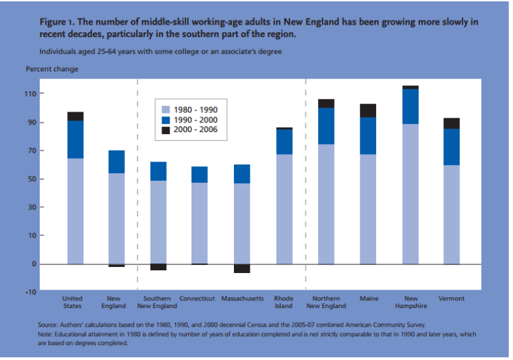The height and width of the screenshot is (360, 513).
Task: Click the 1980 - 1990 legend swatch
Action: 166,110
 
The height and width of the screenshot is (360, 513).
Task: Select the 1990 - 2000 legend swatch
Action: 166,119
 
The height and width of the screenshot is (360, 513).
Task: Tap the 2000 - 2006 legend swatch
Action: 166,129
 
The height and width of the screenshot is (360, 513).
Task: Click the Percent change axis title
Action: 52,69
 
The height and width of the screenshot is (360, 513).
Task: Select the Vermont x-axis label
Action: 451,299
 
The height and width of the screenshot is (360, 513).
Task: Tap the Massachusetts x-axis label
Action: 242,299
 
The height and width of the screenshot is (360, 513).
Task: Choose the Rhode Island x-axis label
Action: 284,303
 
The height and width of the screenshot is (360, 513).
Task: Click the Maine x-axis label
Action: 368,299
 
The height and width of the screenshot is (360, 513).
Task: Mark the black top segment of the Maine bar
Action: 368,111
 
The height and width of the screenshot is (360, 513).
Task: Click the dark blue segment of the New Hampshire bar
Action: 410,106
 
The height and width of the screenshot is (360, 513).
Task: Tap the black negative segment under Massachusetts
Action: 242,268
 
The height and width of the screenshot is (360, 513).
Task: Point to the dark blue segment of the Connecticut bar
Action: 200,175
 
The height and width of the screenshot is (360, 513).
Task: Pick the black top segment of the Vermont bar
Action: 451,123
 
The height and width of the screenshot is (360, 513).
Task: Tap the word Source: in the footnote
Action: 51,324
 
